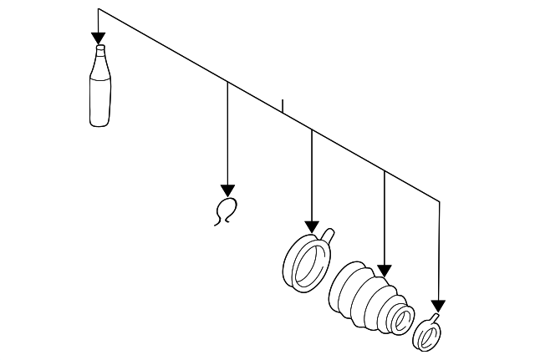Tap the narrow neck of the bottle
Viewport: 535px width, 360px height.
pos(99,54)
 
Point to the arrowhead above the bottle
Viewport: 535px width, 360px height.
pos(99,38)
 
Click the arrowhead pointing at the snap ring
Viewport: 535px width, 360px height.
pos(227,190)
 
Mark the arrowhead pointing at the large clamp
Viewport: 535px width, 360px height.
pos(312,227)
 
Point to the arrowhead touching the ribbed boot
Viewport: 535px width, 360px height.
pos(384,270)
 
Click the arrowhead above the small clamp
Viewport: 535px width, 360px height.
pos(438,306)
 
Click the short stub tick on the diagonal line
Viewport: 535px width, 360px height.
pos(283,106)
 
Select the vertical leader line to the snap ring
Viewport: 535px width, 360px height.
pos(227,134)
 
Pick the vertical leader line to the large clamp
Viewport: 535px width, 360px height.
pos(312,175)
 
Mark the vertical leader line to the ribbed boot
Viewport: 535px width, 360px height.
pos(384,217)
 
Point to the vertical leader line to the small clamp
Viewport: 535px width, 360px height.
pos(439,251)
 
